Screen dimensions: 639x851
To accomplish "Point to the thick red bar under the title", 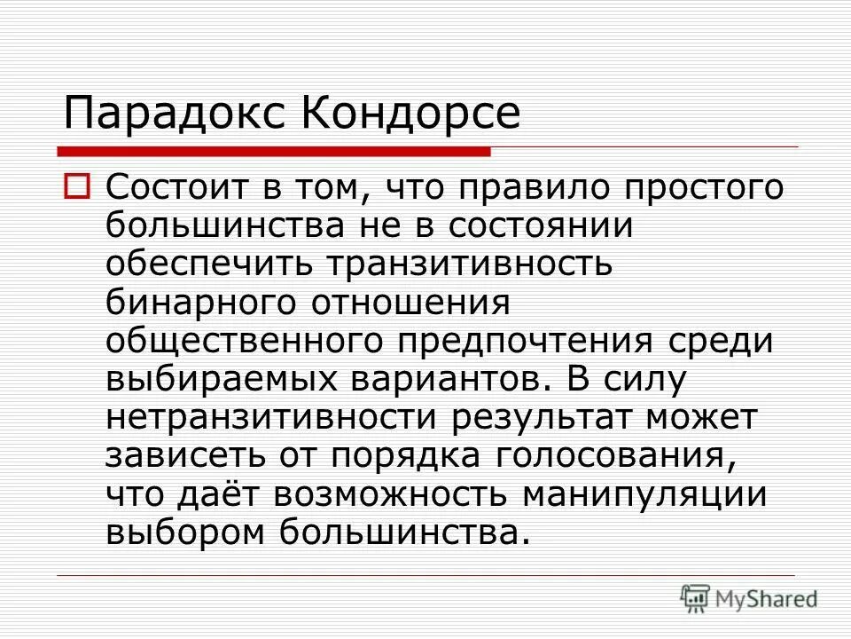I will click(x=275, y=150).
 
